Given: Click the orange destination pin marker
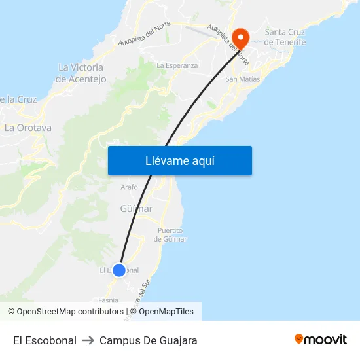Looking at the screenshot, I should tap(240, 37).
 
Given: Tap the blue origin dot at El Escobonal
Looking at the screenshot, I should tap(118, 270).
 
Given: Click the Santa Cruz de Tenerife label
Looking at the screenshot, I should tap(285, 37).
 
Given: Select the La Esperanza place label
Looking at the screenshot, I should tap(177, 65).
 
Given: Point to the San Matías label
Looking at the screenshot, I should tap(242, 79).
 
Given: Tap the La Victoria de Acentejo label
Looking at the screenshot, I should tap(81, 73).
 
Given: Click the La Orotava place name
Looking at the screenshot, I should tap(28, 128).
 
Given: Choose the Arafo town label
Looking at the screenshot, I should tap(130, 187).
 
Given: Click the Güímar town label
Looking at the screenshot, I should tap(137, 209).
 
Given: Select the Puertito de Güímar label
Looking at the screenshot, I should tap(170, 234).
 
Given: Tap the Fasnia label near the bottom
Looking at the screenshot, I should tap(109, 300).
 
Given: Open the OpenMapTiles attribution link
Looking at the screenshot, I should tap(166, 312).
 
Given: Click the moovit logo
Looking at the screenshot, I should tap(321, 340).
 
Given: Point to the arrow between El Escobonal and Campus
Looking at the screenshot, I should tap(88, 340).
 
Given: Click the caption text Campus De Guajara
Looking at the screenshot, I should tap(148, 340).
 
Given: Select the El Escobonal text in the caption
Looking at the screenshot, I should tap(45, 340).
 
